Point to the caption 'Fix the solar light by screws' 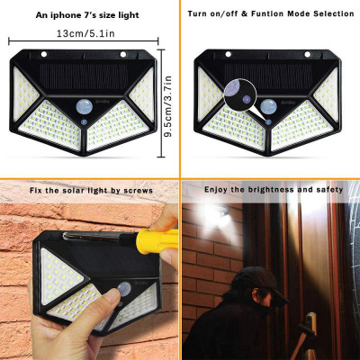click(x=90, y=191)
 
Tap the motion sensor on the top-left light click(x=85, y=107)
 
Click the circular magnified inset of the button click(x=236, y=91)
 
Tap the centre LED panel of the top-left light click(x=85, y=130)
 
